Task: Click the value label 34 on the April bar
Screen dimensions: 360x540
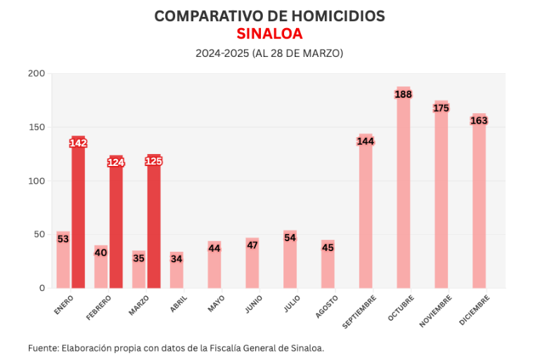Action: (x=176, y=259)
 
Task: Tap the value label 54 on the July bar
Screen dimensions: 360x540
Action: (x=290, y=238)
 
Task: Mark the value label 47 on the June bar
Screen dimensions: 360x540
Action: (x=252, y=245)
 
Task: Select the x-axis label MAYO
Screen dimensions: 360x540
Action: (x=214, y=304)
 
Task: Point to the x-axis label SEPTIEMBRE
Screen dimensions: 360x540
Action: (x=359, y=311)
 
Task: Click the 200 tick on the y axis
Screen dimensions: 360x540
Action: (x=37, y=74)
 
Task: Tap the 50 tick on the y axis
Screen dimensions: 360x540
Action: (x=39, y=234)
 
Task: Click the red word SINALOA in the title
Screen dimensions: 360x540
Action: (x=269, y=34)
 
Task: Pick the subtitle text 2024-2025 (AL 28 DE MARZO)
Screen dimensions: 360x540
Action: (x=269, y=53)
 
